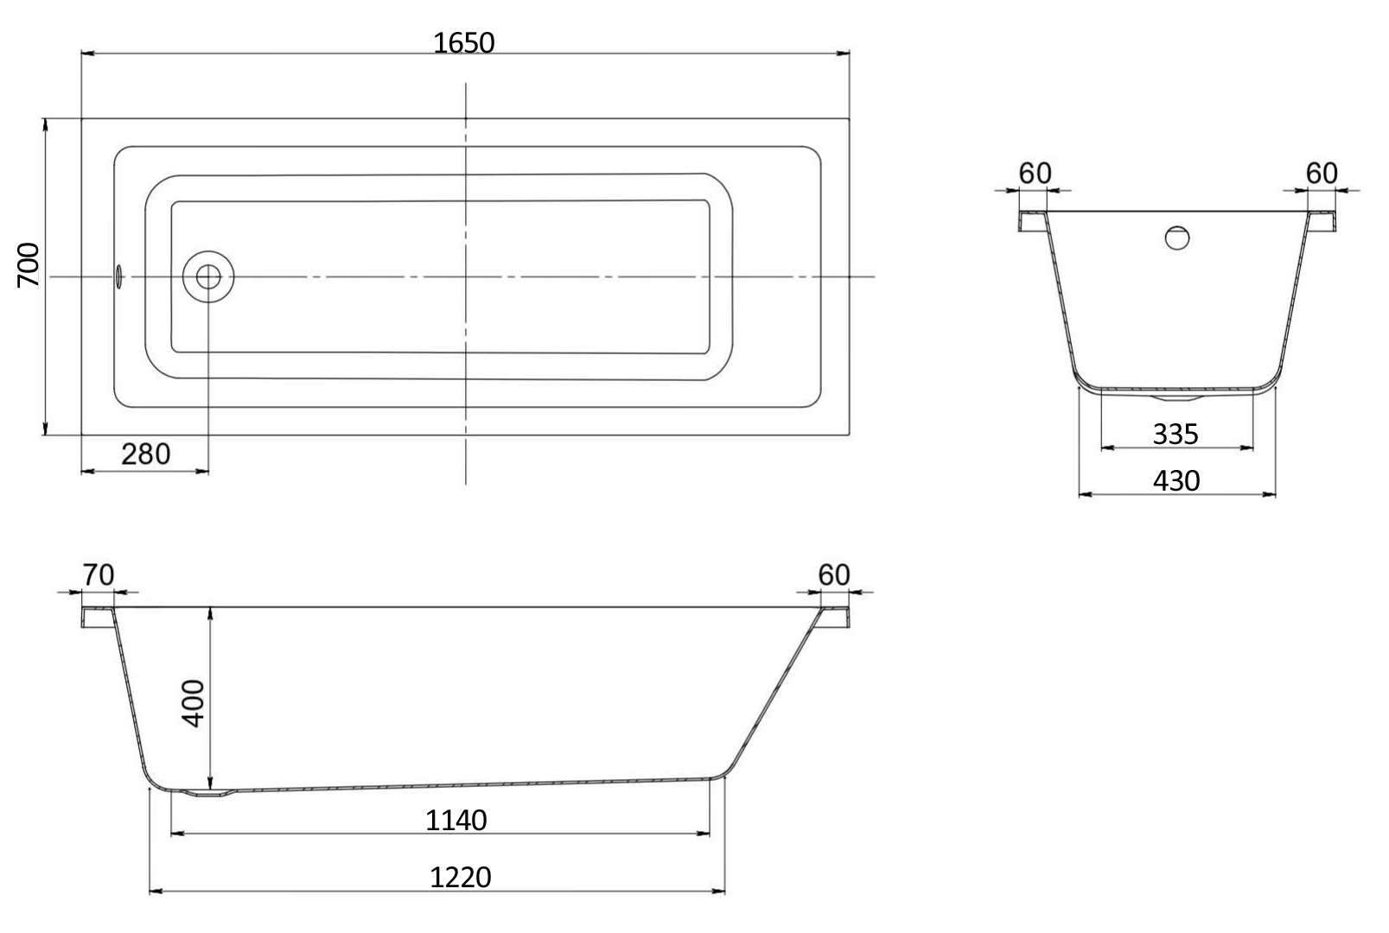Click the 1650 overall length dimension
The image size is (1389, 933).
[463, 43]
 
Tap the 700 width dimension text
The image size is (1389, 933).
[29, 265]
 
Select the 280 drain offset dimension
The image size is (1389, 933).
[146, 454]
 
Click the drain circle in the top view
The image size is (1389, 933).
[208, 276]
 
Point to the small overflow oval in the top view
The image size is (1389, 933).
[118, 276]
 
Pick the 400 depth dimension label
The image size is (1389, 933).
[194, 703]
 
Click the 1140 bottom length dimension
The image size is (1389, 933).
[456, 820]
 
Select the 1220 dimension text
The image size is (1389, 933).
[460, 877]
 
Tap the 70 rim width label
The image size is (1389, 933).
[98, 575]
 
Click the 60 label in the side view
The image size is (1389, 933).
[834, 575]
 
